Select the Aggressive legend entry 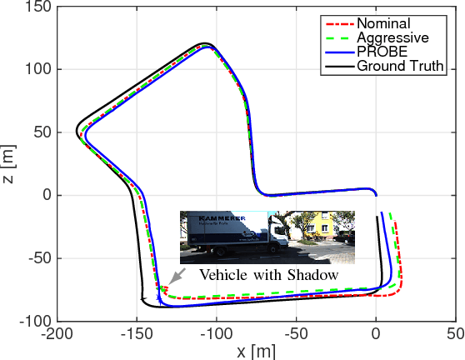pos(392,37)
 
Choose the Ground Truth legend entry pos(398,66)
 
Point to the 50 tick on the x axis pos(455,334)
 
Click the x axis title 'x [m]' pos(255,351)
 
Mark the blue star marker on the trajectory pos(159,297)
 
